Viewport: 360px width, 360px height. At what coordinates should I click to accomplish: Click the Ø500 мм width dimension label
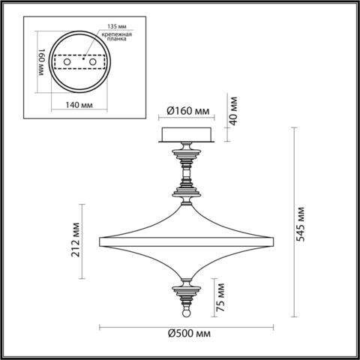pyautogui.click(x=187, y=332)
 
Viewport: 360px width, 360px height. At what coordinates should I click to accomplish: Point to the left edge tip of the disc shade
pyautogui.click(x=100, y=241)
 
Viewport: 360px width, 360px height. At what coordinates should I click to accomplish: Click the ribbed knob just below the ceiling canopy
pyautogui.click(x=187, y=156)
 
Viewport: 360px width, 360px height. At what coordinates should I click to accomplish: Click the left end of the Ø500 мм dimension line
pyautogui.click(x=100, y=325)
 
